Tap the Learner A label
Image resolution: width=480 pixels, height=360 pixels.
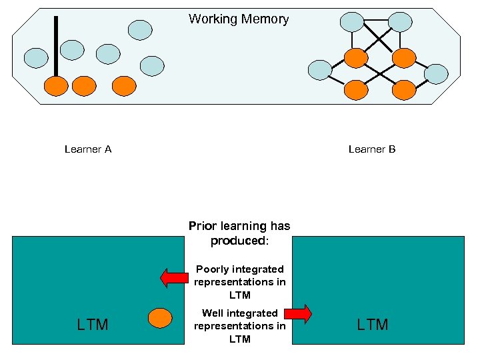88,149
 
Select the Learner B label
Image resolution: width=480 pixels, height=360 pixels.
372,149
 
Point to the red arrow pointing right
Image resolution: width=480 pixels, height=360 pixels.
299,313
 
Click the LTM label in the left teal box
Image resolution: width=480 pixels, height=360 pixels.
93,325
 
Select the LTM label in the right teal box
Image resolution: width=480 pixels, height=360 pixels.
373,325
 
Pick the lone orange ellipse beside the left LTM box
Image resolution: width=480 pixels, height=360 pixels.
160,318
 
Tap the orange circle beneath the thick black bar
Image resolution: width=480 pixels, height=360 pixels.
56,85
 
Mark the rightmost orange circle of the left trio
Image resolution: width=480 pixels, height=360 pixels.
124,85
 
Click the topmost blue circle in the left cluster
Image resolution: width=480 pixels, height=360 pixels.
140,29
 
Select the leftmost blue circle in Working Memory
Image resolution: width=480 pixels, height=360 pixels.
36,58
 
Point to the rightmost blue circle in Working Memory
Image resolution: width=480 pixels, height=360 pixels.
436,74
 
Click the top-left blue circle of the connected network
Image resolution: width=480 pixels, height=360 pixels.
352,22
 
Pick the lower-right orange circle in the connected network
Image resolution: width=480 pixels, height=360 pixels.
403,89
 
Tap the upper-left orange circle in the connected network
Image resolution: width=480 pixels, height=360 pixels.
356,59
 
